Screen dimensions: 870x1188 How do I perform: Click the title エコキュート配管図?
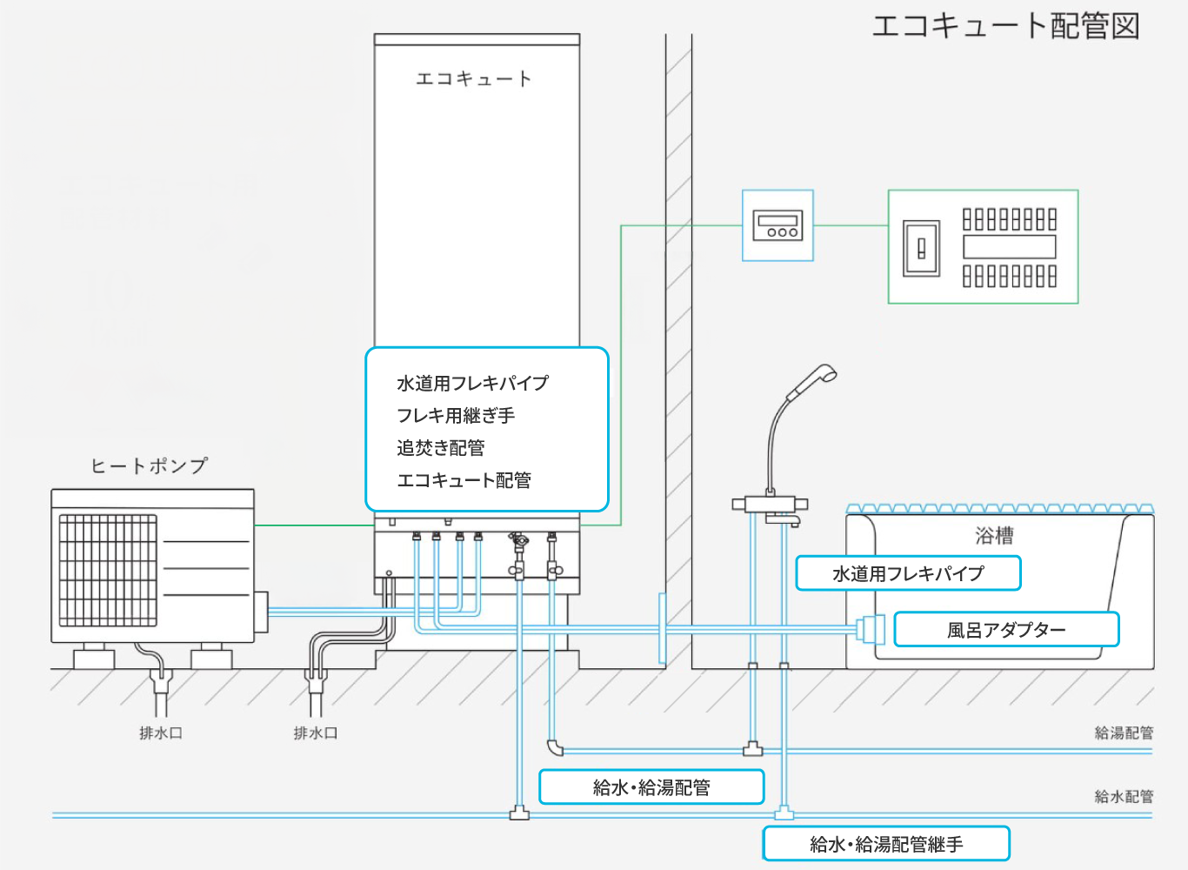[1005, 26]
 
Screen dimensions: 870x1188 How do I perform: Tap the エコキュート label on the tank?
[473, 79]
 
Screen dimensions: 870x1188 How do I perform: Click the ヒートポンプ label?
[149, 466]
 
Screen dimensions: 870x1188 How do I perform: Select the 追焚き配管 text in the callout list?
[441, 448]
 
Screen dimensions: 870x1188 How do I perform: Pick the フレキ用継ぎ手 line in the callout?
[456, 416]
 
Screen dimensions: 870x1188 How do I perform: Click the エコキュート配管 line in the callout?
[464, 480]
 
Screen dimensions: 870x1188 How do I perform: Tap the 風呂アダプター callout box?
[1006, 629]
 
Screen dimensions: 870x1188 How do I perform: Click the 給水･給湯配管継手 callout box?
[886, 844]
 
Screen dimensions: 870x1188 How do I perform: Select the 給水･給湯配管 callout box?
[651, 787]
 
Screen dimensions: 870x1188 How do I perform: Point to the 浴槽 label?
[994, 536]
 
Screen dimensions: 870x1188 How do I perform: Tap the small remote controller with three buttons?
[778, 225]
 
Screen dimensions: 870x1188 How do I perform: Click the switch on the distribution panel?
[922, 249]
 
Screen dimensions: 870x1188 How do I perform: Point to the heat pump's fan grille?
[108, 570]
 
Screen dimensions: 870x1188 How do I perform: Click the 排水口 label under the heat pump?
[161, 733]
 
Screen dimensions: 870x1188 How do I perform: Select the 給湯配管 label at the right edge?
[1124, 733]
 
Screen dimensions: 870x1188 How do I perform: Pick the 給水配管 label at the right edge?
[1124, 796]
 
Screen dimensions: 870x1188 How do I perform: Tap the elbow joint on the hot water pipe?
[555, 746]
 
